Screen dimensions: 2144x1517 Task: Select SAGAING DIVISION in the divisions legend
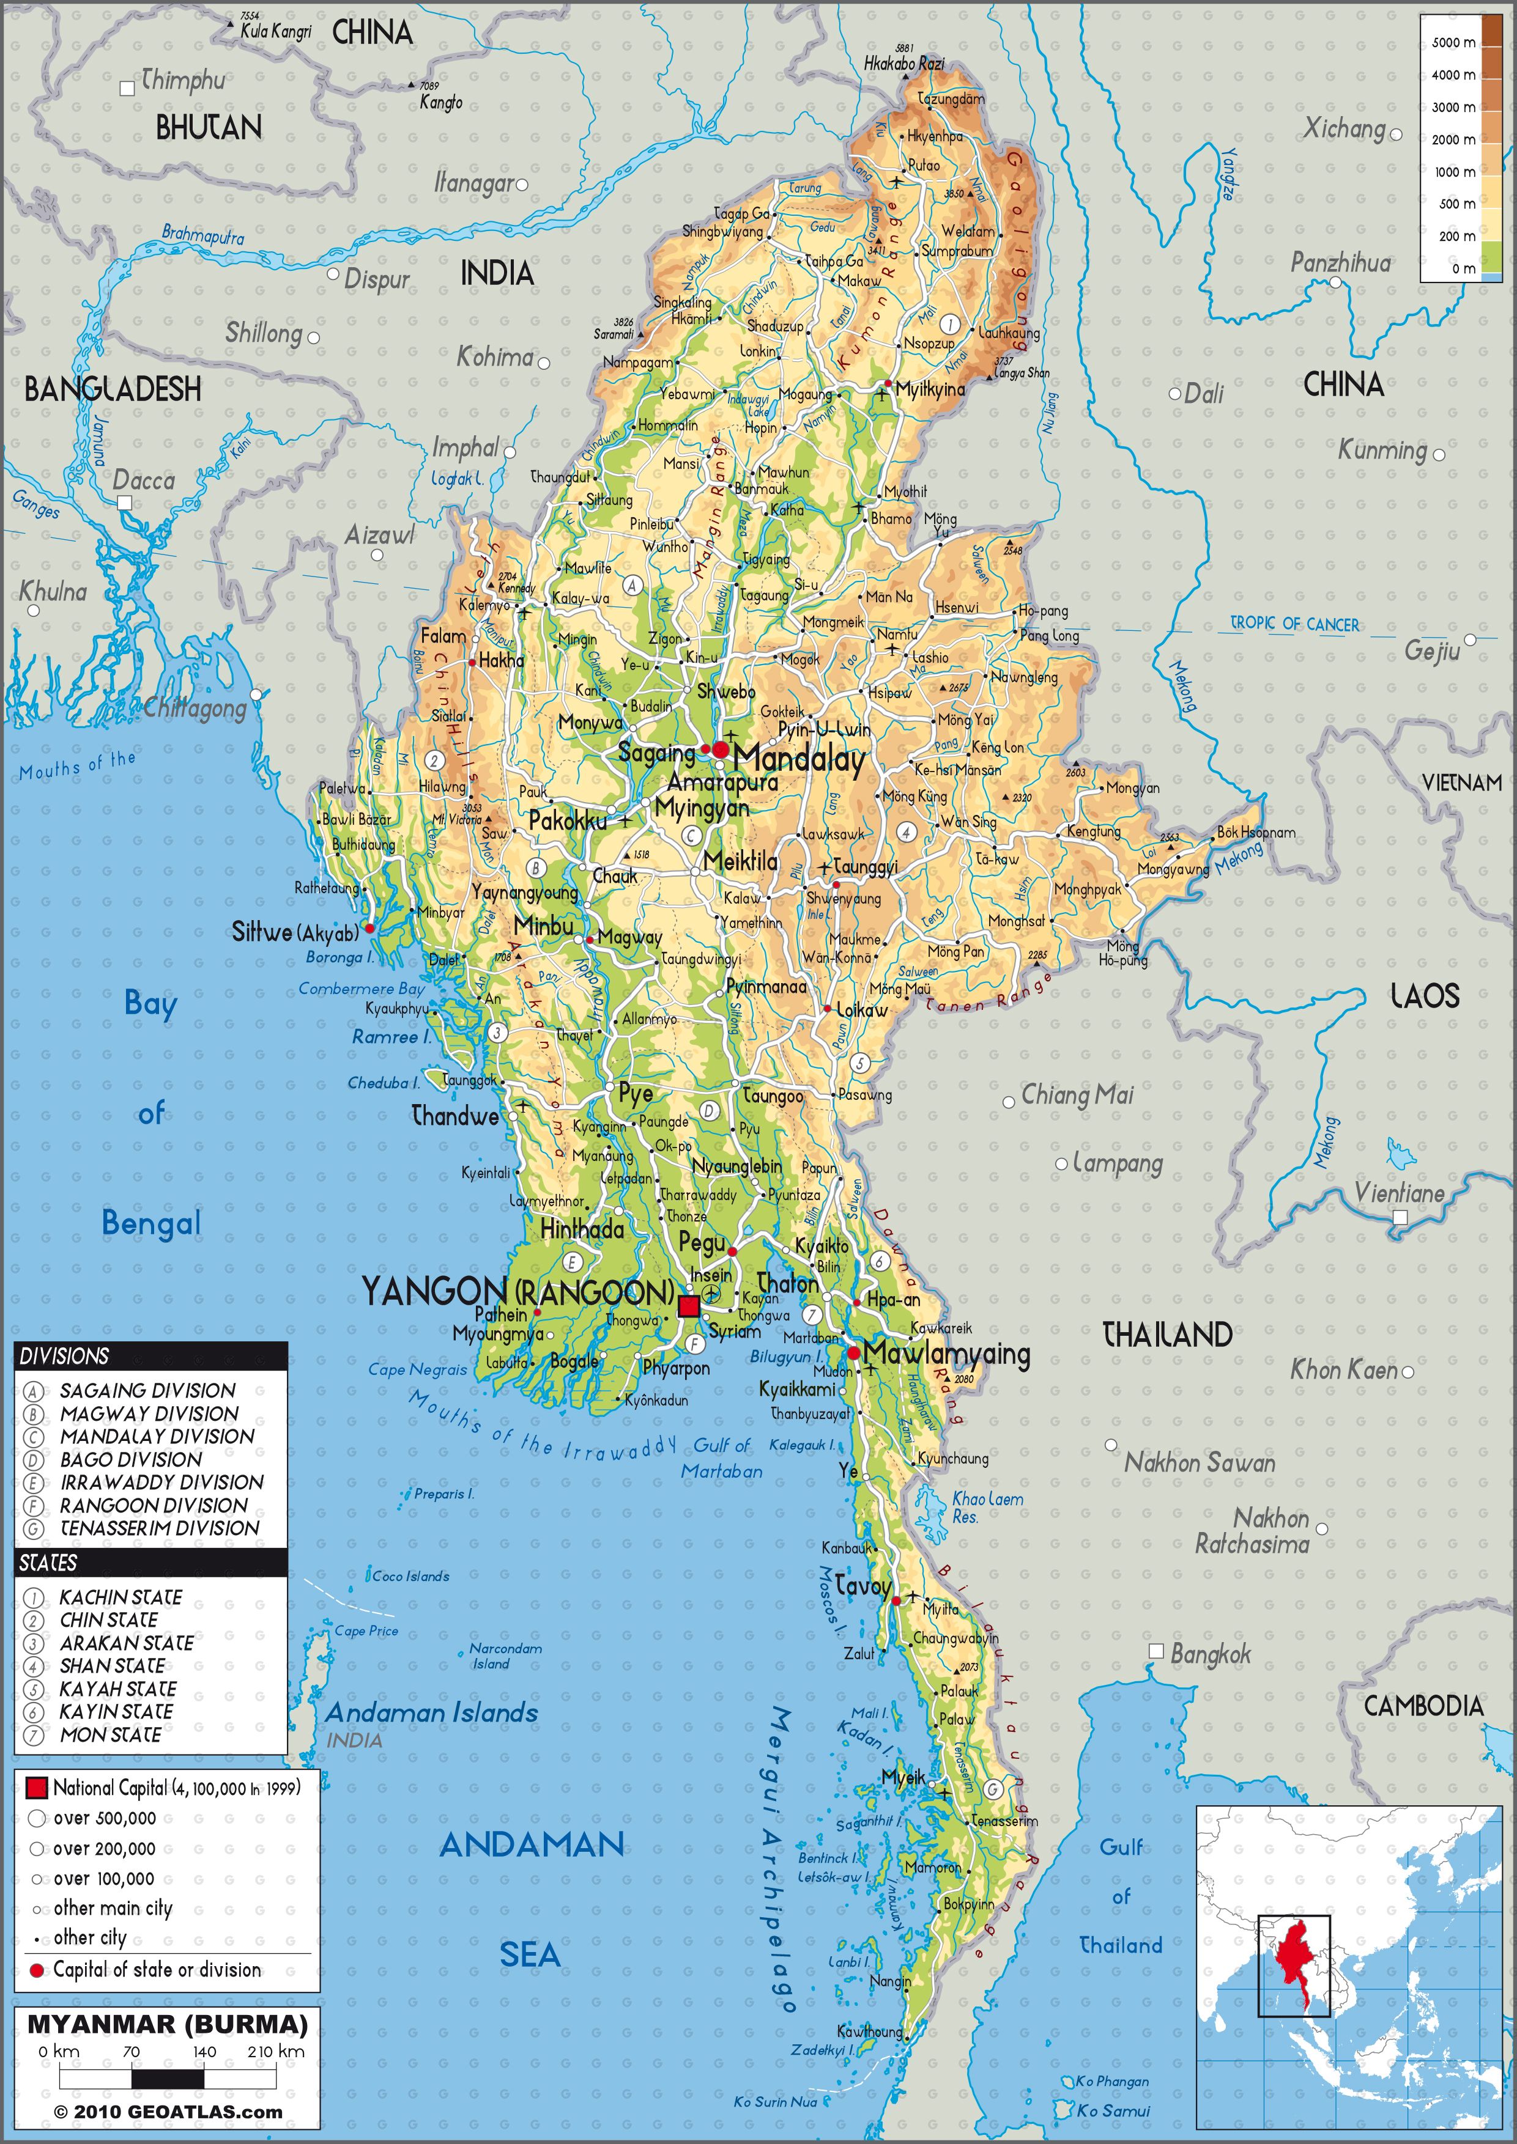(147, 1390)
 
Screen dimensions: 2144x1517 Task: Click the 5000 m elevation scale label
(1453, 43)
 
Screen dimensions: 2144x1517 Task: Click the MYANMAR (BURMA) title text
(167, 2024)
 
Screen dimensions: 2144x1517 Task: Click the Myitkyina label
(929, 388)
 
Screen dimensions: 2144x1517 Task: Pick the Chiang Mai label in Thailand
(1077, 1094)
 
